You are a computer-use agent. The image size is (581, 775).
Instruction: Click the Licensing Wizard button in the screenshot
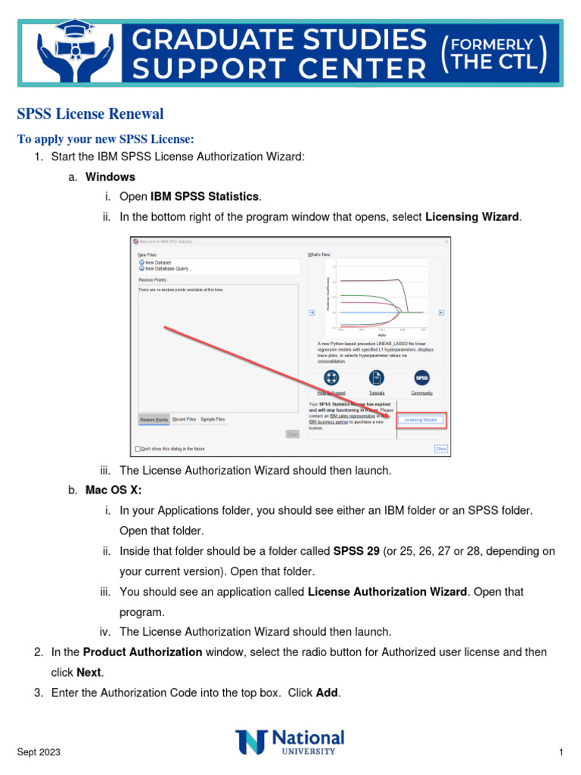421,419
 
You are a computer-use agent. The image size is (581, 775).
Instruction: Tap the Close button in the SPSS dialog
441,448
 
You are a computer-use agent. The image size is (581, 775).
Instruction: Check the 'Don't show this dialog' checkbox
138,448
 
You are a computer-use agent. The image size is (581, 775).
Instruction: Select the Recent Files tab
184,419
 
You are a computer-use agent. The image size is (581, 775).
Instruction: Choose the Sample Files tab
213,419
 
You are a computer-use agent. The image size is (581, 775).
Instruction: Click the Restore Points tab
154,419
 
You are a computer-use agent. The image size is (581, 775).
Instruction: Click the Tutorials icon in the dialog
376,378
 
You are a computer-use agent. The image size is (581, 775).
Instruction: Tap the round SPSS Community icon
421,378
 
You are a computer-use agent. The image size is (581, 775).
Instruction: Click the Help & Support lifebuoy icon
331,378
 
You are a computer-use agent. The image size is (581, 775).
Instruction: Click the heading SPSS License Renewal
90,114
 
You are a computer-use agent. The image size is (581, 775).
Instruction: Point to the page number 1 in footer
561,752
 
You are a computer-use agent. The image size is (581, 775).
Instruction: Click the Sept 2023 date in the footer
39,752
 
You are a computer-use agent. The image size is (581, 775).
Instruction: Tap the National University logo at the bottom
290,742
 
